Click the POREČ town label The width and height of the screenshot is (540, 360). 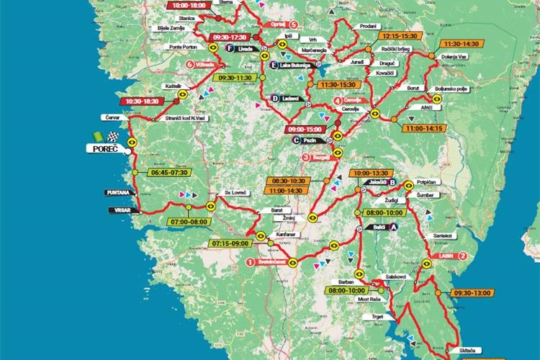tap(104, 149)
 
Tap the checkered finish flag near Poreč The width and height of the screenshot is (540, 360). tap(112, 136)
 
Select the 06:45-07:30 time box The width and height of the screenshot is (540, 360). tap(169, 173)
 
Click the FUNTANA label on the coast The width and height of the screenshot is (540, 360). tap(117, 193)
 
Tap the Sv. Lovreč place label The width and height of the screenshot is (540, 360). tap(236, 194)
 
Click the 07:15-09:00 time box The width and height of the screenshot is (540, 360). tap(231, 243)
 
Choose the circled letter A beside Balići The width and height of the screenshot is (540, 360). tap(394, 227)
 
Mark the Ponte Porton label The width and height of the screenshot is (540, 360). tap(183, 46)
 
